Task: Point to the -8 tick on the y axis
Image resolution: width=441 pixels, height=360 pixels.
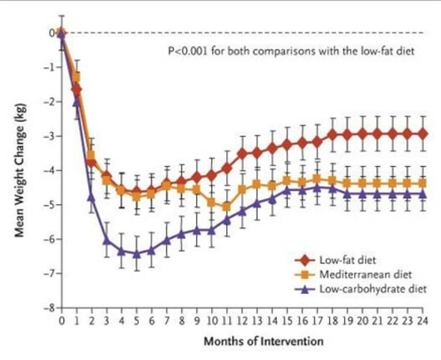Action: (53, 308)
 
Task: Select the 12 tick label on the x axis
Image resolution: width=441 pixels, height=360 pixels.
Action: (242, 320)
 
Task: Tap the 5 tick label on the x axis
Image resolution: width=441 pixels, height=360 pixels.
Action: (137, 320)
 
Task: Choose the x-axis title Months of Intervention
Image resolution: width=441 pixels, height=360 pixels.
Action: (263, 341)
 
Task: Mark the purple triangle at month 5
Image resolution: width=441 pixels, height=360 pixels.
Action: (137, 253)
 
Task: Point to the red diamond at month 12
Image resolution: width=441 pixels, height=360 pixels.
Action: (242, 153)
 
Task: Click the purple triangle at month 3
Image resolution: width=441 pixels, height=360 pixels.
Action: (106, 240)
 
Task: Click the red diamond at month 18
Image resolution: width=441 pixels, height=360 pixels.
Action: (332, 134)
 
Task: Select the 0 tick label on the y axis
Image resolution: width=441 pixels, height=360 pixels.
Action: (53, 33)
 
